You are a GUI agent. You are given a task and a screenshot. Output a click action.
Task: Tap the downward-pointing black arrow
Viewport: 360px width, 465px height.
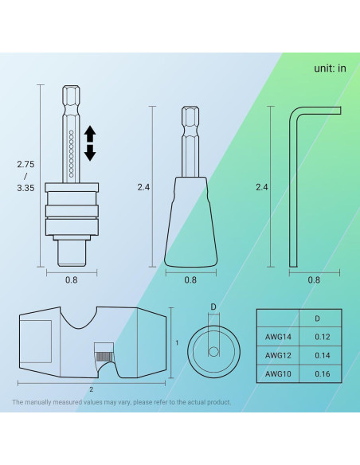90,153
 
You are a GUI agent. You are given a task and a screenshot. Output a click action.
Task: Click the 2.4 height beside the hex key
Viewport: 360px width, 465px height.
261,187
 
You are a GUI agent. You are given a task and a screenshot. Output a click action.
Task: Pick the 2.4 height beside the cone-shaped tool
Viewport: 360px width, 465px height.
144,187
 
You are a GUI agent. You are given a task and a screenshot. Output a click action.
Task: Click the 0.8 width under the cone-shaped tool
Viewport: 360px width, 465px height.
190,279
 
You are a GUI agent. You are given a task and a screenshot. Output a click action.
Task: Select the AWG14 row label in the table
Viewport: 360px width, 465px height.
278,336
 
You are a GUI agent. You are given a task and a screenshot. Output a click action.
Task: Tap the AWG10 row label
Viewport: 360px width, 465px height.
278,372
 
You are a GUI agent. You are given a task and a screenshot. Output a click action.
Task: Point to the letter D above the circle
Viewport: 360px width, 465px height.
213,306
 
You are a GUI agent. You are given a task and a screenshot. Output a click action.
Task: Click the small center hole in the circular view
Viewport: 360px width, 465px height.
213,350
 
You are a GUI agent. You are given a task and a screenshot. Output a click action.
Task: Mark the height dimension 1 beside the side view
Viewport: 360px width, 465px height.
175,342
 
